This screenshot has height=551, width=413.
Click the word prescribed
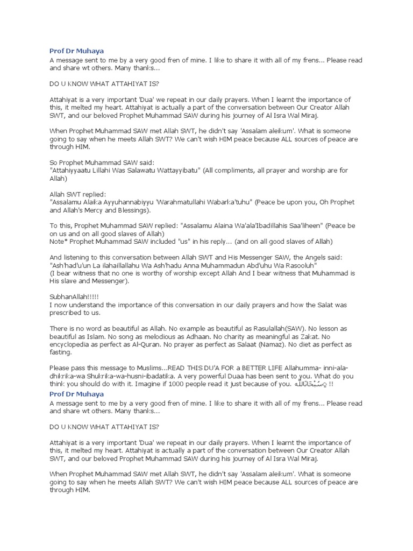69,313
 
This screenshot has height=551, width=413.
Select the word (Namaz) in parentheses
262,344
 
